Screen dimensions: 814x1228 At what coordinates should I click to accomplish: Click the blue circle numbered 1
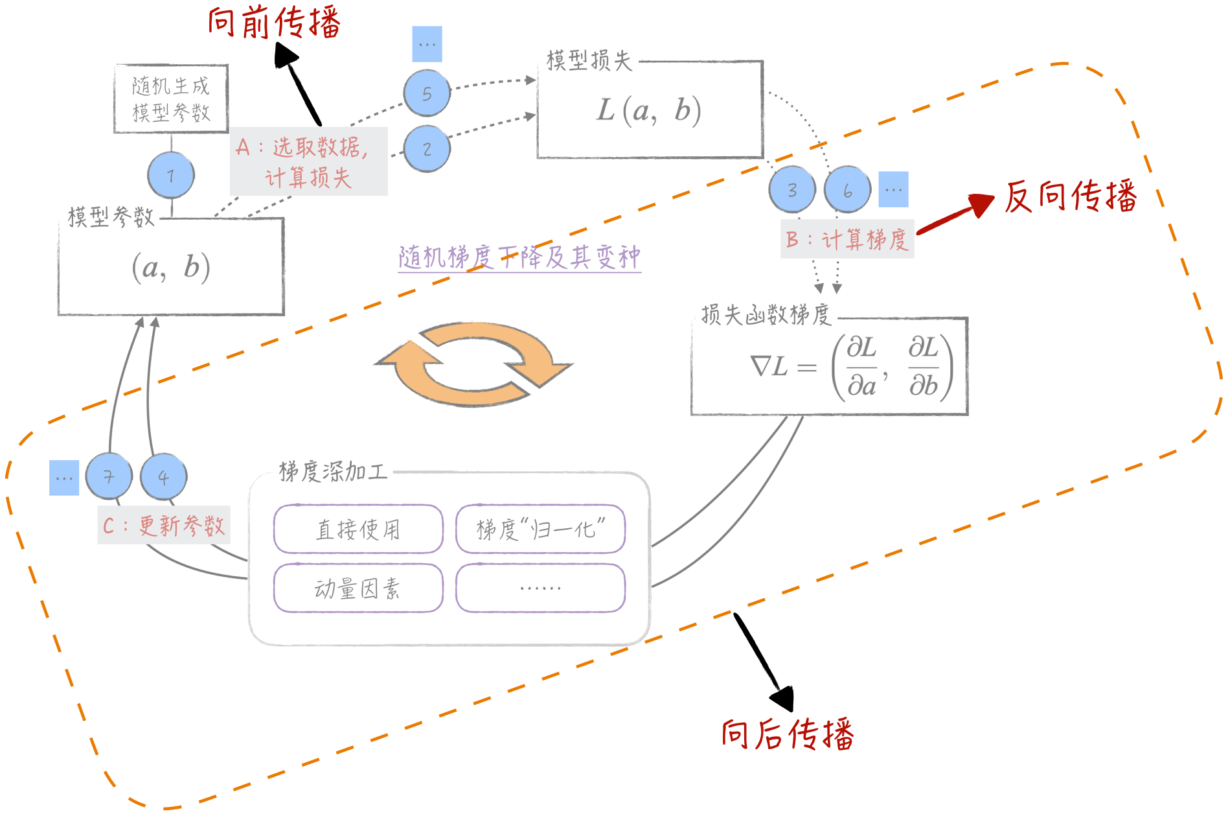click(171, 175)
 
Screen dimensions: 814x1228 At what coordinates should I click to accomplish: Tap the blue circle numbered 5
click(427, 93)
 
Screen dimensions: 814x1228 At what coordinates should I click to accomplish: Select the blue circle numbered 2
click(427, 149)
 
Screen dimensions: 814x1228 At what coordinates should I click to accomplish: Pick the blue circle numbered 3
click(792, 190)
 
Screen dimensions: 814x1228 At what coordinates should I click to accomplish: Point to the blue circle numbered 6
click(848, 190)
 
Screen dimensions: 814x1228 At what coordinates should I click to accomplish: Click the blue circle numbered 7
click(109, 477)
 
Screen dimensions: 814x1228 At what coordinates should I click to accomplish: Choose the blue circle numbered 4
click(164, 477)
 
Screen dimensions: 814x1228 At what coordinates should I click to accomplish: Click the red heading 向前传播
click(274, 23)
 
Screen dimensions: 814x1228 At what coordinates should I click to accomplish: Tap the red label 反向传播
click(1071, 196)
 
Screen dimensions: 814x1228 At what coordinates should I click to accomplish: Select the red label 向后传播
click(788, 734)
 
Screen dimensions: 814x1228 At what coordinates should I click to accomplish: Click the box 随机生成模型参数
click(171, 99)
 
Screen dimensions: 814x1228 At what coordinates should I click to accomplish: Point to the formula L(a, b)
click(649, 110)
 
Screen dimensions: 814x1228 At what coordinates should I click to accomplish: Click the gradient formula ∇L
click(850, 367)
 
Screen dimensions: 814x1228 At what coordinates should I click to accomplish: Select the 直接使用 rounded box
click(358, 529)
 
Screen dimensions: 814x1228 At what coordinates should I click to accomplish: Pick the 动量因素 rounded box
click(358, 588)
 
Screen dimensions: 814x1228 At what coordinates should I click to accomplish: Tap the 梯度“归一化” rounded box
click(540, 529)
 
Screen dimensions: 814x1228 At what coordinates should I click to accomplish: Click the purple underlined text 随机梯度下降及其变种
click(519, 257)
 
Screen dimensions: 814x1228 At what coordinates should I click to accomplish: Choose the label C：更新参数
click(164, 525)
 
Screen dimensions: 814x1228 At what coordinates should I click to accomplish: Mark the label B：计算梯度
click(847, 240)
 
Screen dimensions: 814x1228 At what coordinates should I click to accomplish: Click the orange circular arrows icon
click(474, 364)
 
